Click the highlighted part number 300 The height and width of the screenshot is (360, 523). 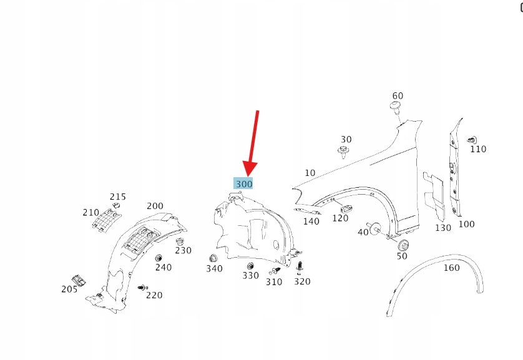pyautogui.click(x=244, y=183)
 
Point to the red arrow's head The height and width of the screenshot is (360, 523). pyautogui.click(x=249, y=168)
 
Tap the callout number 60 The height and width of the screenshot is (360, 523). pyautogui.click(x=398, y=96)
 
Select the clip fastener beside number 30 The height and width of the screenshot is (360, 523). pyautogui.click(x=343, y=152)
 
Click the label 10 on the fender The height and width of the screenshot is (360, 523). pyautogui.click(x=310, y=173)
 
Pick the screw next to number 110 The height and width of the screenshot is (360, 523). pyautogui.click(x=472, y=140)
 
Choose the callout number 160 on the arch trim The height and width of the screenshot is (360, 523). pyautogui.click(x=451, y=268)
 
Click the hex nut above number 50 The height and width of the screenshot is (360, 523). pyautogui.click(x=404, y=246)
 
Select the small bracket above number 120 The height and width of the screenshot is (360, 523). pyautogui.click(x=346, y=209)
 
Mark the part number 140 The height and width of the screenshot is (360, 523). pyautogui.click(x=311, y=221)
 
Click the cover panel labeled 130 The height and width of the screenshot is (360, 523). pyautogui.click(x=434, y=197)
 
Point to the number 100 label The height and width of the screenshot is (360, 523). pyautogui.click(x=466, y=224)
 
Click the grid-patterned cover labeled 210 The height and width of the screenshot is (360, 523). pyautogui.click(x=107, y=219)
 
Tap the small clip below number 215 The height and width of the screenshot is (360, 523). pyautogui.click(x=115, y=205)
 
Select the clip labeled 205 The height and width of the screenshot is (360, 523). pyautogui.click(x=79, y=281)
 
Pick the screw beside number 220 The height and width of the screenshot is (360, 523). pyautogui.click(x=143, y=288)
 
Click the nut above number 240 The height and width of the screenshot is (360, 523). pyautogui.click(x=159, y=258)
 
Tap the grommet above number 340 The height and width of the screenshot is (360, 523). pyautogui.click(x=213, y=258)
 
